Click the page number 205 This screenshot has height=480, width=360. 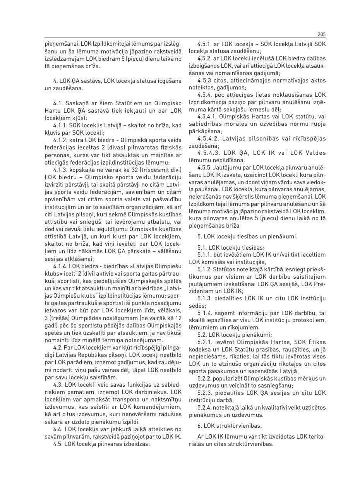click(x=321, y=34)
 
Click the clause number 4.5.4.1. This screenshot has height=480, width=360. click(x=208, y=116)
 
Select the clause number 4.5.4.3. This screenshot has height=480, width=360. click(x=208, y=153)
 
